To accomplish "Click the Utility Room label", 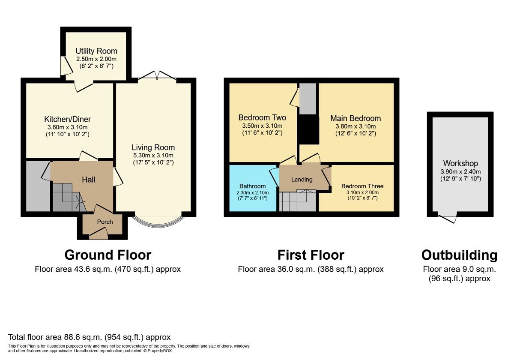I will [x=96, y=51].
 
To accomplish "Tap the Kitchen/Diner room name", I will [x=68, y=119].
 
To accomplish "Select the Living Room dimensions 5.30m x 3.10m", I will [x=153, y=155].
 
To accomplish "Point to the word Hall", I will [x=88, y=180].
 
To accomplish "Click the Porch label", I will [x=105, y=222].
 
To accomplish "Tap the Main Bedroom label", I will [x=356, y=118].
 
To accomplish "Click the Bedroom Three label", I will [x=362, y=186].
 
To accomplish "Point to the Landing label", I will [x=302, y=179].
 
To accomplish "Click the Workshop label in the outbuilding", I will [x=460, y=163].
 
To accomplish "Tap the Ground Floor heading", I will [x=108, y=255].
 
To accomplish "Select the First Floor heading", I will [x=311, y=255].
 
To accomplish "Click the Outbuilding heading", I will [x=459, y=255].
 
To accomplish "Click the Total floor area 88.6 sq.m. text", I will [x=90, y=337].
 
